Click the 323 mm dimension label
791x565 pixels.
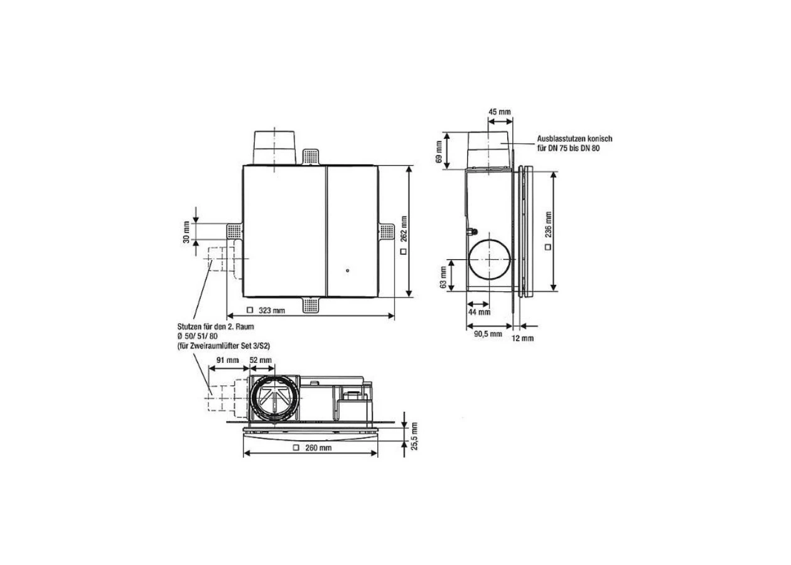point(272,310)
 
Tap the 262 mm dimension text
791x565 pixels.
point(404,229)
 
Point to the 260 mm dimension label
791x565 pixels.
point(318,448)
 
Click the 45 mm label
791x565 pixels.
point(500,112)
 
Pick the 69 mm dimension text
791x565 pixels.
point(439,152)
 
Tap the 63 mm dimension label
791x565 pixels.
point(443,277)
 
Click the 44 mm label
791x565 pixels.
point(479,312)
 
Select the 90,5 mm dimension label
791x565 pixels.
point(488,334)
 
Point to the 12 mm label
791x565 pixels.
point(522,338)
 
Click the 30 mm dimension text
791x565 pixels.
point(186,232)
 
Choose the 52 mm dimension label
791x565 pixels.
point(261,360)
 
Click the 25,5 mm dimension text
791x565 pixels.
point(414,436)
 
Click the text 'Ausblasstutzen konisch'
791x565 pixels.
point(574,139)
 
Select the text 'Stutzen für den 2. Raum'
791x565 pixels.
point(215,326)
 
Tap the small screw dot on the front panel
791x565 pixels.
point(348,271)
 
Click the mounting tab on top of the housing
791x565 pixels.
point(311,157)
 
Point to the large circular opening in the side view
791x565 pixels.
point(490,259)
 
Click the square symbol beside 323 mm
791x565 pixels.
point(250,310)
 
